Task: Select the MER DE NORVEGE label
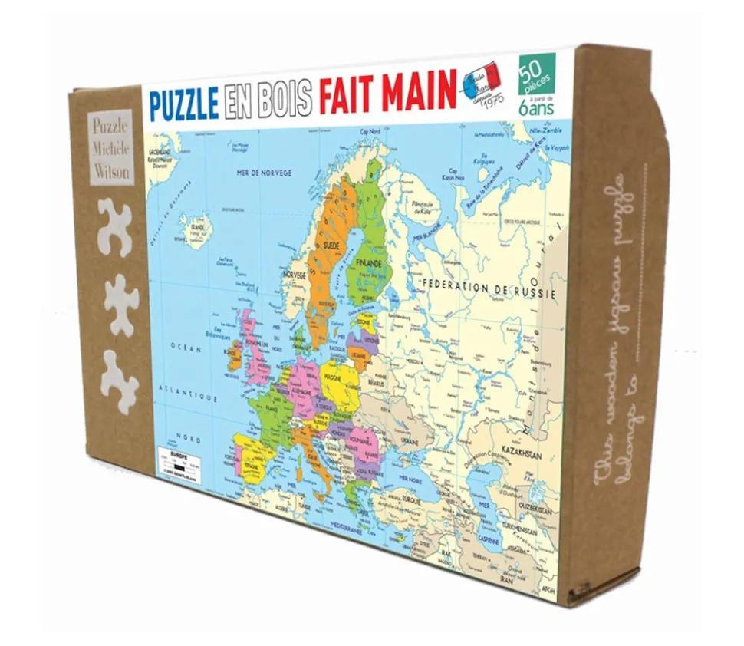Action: pyautogui.click(x=265, y=172)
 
